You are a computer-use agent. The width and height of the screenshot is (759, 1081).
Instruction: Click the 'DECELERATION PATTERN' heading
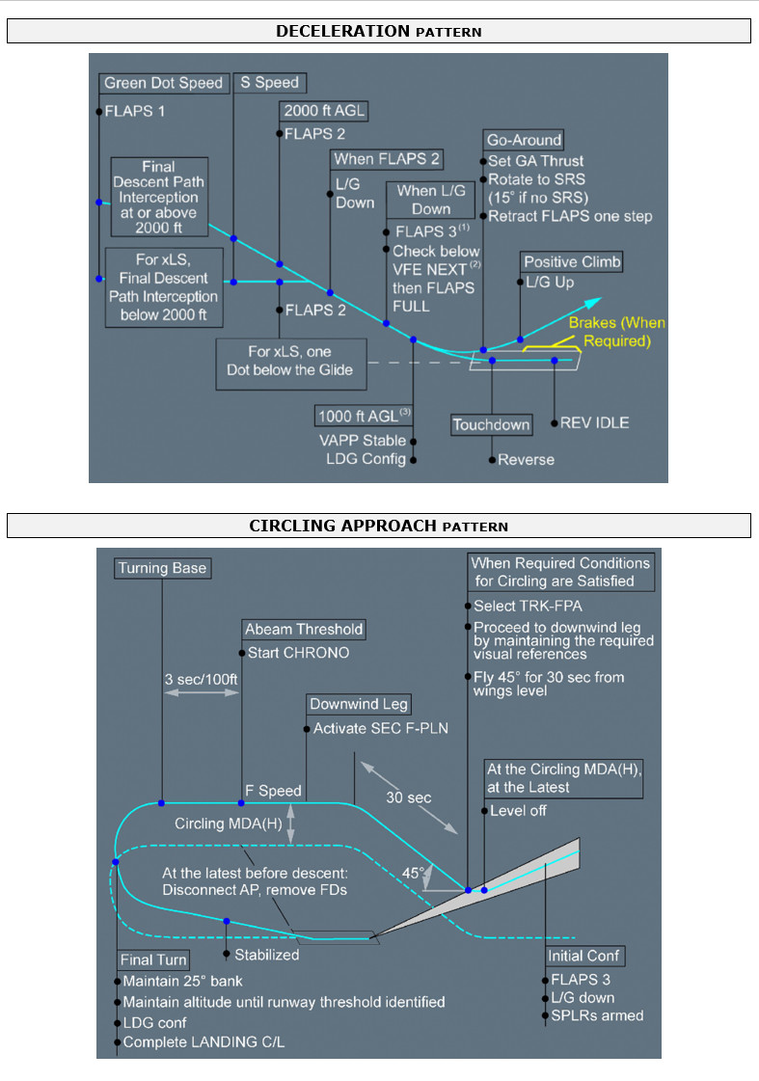378,31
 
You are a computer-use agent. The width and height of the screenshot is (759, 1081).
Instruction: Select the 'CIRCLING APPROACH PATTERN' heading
378,526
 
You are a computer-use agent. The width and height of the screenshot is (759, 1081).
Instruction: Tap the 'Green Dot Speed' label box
163,83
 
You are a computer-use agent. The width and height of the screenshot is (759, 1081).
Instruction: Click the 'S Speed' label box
269,83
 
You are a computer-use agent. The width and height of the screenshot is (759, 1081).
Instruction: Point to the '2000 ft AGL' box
325,110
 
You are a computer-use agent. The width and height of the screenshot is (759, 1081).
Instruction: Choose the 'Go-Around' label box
524,139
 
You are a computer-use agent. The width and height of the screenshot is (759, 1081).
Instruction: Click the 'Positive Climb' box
572,261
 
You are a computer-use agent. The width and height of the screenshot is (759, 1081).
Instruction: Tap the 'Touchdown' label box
492,424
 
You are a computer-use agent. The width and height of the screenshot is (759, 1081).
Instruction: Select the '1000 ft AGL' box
363,416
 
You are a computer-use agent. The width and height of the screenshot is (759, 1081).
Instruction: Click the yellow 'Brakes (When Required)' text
616,332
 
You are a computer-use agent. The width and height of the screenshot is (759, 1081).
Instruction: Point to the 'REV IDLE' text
595,422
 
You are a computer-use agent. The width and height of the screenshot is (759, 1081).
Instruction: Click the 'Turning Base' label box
162,568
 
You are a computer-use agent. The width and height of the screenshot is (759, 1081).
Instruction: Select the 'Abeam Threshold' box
304,629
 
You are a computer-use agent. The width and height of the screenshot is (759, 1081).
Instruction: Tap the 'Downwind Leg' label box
359,704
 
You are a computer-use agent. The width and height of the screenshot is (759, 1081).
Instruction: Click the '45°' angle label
413,872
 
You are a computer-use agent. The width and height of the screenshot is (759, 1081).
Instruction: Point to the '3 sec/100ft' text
201,678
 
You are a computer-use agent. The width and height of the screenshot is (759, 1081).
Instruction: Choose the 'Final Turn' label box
153,959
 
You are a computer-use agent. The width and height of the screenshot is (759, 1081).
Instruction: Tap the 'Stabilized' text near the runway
267,955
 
